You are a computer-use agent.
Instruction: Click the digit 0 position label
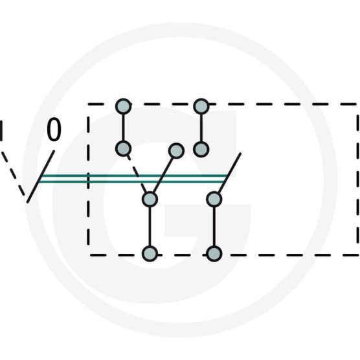pyautogui.click(x=54, y=129)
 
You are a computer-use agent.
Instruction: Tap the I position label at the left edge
pyautogui.click(x=1, y=130)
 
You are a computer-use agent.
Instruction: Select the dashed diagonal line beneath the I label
pyautogui.click(x=13, y=174)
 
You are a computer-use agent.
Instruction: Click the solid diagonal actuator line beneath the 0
pyautogui.click(x=41, y=177)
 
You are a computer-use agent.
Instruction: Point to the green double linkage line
pyautogui.click(x=133, y=179)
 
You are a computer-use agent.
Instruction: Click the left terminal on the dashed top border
pyautogui.click(x=123, y=106)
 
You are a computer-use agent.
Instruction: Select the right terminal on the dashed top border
pyautogui.click(x=201, y=106)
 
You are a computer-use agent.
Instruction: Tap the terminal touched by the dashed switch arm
pyautogui.click(x=123, y=148)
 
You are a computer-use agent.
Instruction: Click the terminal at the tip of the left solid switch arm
pyautogui.click(x=176, y=151)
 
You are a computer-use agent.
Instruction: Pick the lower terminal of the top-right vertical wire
pyautogui.click(x=201, y=150)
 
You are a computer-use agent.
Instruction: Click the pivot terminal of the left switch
pyautogui.click(x=150, y=199)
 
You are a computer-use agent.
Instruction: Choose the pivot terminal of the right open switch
pyautogui.click(x=214, y=199)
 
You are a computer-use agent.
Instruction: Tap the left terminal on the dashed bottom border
pyautogui.click(x=150, y=254)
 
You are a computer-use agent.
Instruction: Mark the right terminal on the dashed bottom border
pyautogui.click(x=214, y=254)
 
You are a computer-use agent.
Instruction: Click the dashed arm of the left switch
pyautogui.click(x=137, y=174)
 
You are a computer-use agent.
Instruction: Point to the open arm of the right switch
pyautogui.click(x=229, y=173)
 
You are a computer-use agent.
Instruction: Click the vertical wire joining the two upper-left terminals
pyautogui.click(x=123, y=128)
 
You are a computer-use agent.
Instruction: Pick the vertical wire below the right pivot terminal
pyautogui.click(x=214, y=227)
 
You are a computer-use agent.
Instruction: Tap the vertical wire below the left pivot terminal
pyautogui.click(x=150, y=227)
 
